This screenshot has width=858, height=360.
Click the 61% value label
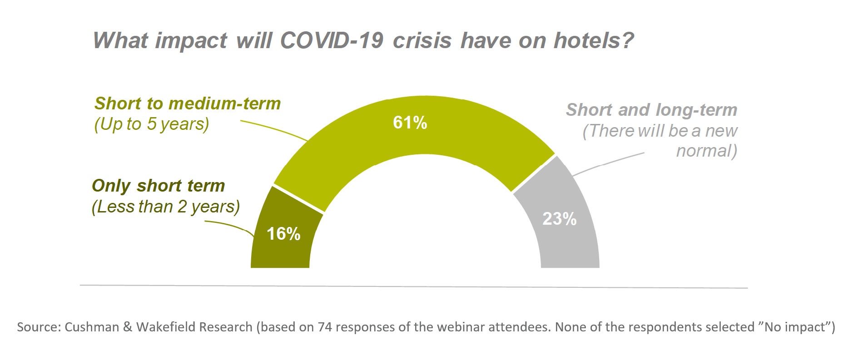[410, 123]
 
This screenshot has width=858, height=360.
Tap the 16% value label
[283, 234]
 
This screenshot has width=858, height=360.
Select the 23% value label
[559, 219]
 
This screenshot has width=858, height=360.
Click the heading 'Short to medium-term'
[187, 104]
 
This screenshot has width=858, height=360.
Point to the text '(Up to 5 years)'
[151, 124]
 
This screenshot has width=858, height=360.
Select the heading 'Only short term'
[158, 186]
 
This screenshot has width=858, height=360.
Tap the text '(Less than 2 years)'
[165, 207]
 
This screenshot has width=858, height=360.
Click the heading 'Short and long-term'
[651, 110]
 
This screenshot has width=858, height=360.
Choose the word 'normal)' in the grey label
[706, 151]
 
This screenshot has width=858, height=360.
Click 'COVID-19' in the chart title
[331, 40]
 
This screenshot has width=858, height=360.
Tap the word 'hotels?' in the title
[593, 40]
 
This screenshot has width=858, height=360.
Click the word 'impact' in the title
[191, 40]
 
